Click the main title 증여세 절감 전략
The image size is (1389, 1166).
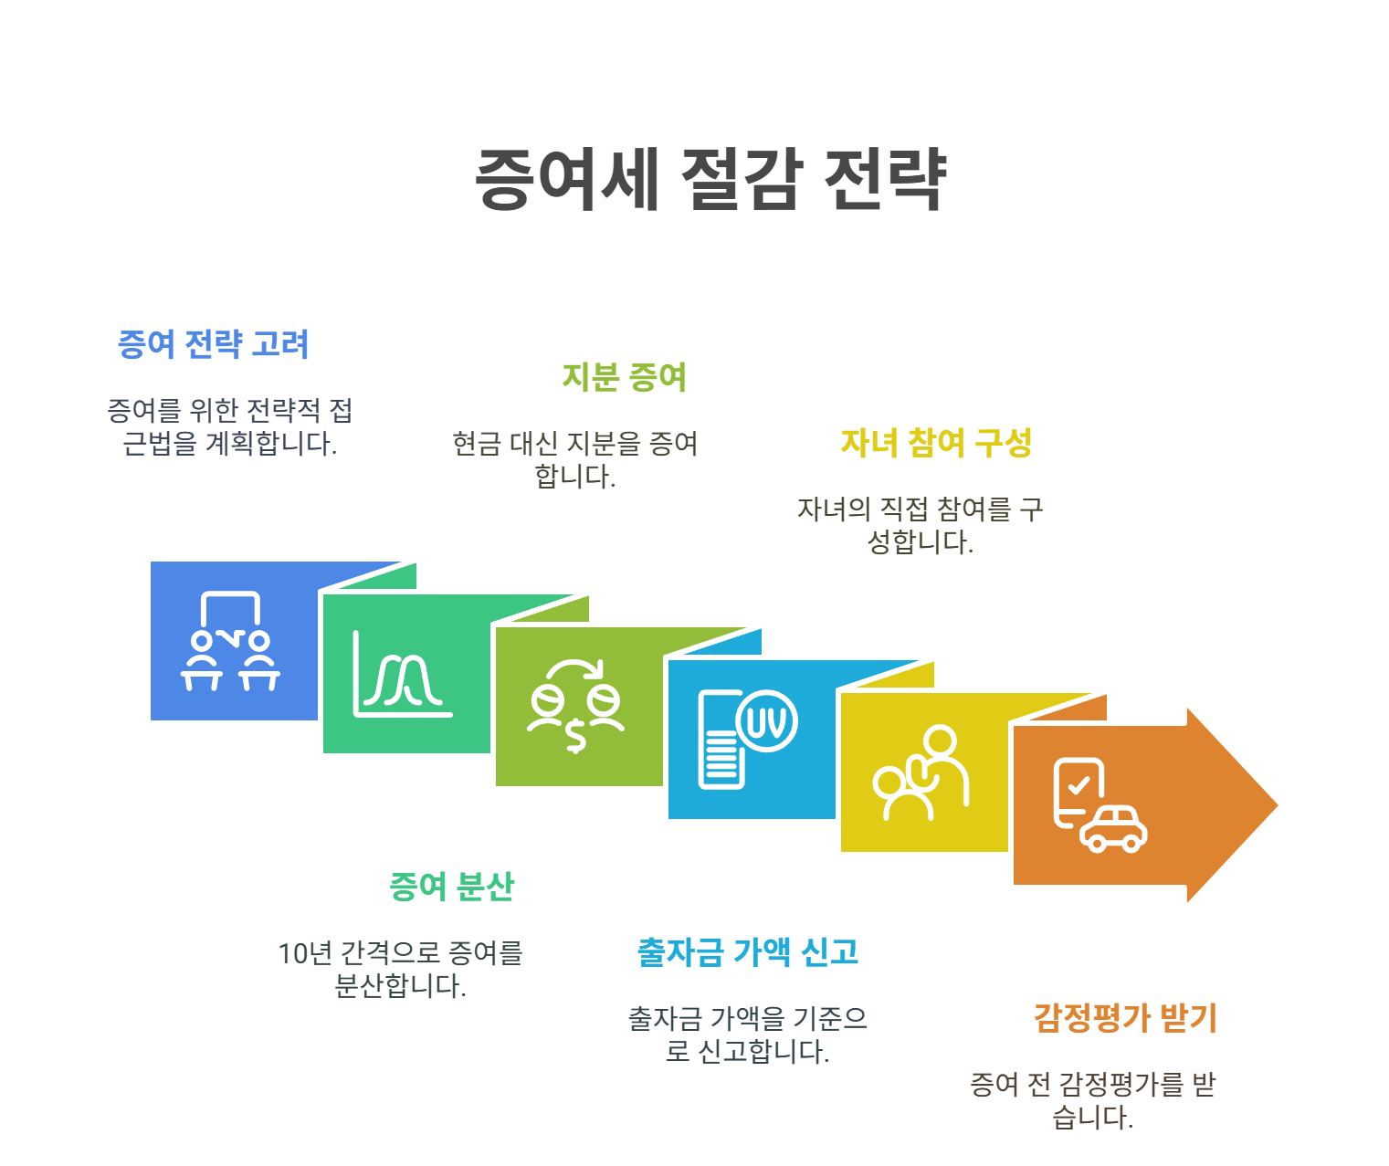(710, 178)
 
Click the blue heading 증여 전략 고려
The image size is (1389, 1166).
(214, 344)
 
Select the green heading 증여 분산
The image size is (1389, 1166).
(451, 886)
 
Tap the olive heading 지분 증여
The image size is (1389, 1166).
(624, 376)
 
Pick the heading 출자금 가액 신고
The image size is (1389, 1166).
(748, 951)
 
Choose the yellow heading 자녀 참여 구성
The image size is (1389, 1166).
(936, 443)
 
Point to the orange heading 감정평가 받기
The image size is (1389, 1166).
(1125, 1017)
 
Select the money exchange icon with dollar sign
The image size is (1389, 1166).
(575, 706)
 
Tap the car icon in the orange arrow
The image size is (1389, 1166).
(1114, 828)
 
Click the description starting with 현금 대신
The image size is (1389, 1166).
(575, 459)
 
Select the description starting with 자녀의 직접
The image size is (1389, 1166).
(920, 525)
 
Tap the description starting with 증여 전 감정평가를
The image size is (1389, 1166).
(1092, 1100)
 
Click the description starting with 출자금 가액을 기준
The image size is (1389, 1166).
(747, 1035)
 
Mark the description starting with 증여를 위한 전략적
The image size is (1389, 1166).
(230, 426)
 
